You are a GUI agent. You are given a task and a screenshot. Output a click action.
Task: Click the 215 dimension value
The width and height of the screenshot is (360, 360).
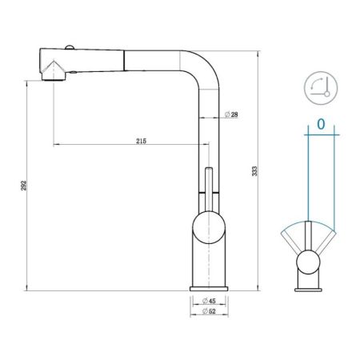coord(141,141)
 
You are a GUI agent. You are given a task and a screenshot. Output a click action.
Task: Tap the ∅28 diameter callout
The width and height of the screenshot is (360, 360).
coord(230,115)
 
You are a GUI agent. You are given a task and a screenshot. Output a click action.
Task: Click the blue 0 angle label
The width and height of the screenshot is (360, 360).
coord(320,124)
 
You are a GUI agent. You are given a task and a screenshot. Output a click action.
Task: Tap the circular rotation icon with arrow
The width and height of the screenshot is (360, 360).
coord(319,86)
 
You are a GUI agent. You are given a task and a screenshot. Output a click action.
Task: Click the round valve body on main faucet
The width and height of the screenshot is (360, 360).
coord(207,227)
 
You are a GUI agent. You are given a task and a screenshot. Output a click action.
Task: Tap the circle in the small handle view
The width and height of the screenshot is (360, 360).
coord(307,262)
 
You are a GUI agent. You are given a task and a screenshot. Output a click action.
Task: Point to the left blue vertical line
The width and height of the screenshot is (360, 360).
coord(307,176)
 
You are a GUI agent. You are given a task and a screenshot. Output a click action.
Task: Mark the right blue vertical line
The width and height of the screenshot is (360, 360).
coord(332,176)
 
